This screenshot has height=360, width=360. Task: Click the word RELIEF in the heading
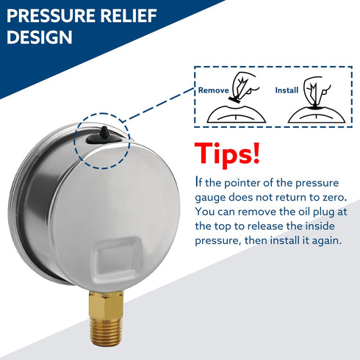point(136,15)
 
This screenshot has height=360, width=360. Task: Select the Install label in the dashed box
point(287,91)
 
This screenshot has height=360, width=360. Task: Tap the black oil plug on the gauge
point(103,132)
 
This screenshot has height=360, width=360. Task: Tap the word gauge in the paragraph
point(211,197)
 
